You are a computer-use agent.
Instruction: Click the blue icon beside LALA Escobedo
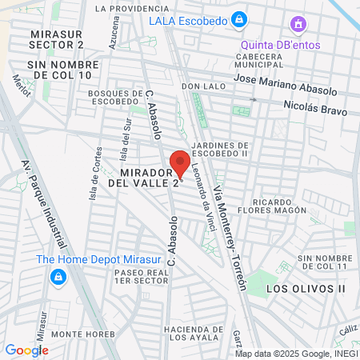(x=238, y=18)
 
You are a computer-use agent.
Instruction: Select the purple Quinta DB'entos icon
(x=298, y=24)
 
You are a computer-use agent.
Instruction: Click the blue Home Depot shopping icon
(x=58, y=277)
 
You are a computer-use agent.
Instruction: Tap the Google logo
(x=26, y=350)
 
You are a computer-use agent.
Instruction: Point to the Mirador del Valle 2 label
(x=150, y=178)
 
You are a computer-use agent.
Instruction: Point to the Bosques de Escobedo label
(x=114, y=98)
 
